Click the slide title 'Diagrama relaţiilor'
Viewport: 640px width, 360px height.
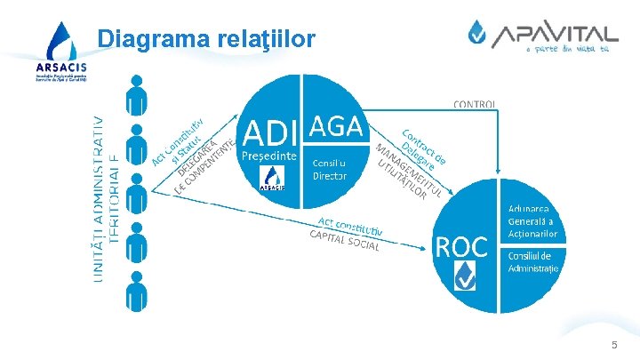[205, 39]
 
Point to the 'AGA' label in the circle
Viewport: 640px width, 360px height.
[337, 127]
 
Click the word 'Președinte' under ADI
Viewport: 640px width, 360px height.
[270, 156]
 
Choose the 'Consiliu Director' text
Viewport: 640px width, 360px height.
[330, 169]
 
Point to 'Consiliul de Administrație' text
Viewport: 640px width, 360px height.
[533, 262]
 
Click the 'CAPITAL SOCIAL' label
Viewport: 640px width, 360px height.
[344, 239]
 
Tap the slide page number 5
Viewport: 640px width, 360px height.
[613, 345]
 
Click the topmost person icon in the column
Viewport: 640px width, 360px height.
[136, 92]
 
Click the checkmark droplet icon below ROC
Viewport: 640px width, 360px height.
[463, 278]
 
